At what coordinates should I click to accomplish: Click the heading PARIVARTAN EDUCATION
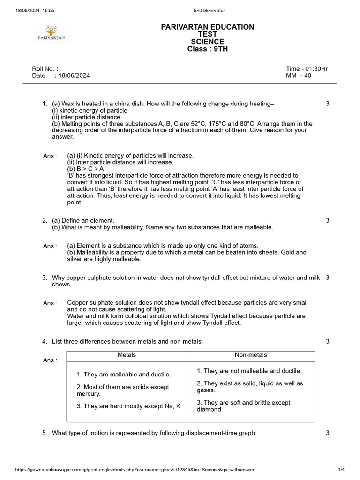[x=208, y=27]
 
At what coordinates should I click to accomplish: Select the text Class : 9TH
[x=208, y=49]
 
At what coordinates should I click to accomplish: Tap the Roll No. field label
[x=45, y=69]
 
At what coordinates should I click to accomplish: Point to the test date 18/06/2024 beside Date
[x=75, y=75]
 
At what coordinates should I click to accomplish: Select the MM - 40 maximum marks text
[x=299, y=75]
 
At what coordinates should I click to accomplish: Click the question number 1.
[x=45, y=104]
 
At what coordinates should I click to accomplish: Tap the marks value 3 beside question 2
[x=327, y=220]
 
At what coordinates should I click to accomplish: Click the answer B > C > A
[x=86, y=169]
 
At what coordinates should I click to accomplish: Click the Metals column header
[x=127, y=355]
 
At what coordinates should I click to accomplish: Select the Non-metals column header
[x=251, y=355]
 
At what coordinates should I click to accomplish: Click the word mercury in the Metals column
[x=88, y=394]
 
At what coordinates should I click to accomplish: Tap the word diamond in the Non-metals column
[x=210, y=409]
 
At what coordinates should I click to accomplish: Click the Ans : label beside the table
[x=50, y=360]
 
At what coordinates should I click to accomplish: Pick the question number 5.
[x=45, y=433]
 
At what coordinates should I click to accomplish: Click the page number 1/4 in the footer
[x=341, y=470]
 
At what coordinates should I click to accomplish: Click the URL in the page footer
[x=135, y=470]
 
